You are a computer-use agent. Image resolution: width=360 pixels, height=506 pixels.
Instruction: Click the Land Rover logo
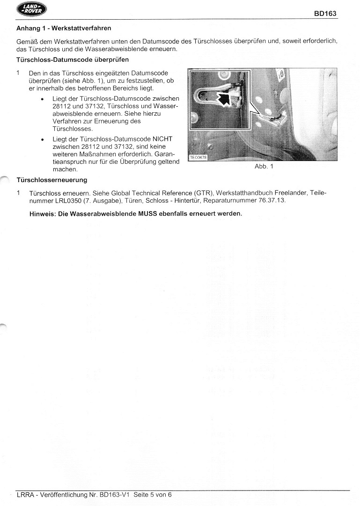pos(31,10)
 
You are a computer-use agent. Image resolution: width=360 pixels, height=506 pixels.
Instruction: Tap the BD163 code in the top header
pos(325,14)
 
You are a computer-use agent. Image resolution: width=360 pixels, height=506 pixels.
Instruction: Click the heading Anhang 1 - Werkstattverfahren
pos(64,29)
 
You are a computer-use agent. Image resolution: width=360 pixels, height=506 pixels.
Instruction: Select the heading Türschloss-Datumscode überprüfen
pos(73,60)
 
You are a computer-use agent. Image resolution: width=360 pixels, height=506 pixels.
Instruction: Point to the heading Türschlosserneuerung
pos(51,180)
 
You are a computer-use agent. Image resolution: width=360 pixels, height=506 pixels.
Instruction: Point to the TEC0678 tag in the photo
pos(198,157)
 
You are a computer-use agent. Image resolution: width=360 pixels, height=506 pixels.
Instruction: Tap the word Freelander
pos(293,193)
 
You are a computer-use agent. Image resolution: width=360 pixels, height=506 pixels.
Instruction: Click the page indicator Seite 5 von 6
pos(153,494)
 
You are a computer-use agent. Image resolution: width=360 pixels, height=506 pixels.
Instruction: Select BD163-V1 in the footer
pos(114,494)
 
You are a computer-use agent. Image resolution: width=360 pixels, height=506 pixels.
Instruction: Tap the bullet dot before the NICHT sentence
pos(43,139)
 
